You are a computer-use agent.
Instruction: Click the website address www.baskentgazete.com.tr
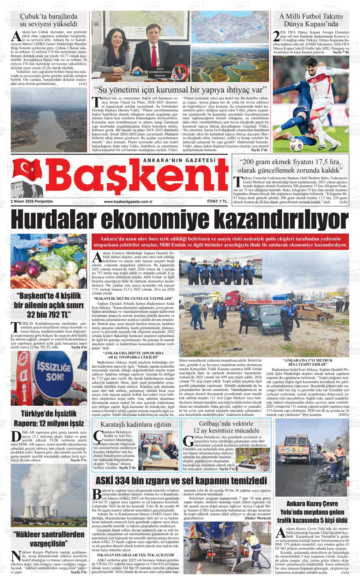coord(128,202)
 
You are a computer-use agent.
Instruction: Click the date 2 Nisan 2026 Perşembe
coord(32,201)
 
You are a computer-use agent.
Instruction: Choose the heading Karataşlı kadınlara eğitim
coord(136,424)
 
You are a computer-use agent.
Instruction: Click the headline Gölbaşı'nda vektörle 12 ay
coord(226,427)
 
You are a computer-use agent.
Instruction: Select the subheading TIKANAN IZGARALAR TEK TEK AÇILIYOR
coord(135,554)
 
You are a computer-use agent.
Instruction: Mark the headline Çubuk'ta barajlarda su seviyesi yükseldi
coord(49,20)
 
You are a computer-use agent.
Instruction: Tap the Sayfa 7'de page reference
coord(341,52)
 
